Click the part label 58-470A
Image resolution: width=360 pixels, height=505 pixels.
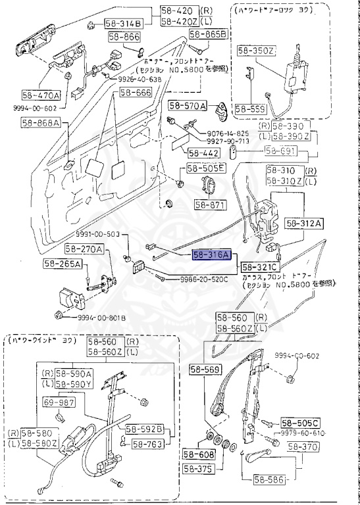(x=41, y=94)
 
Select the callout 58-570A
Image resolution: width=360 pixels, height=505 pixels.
(x=187, y=105)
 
